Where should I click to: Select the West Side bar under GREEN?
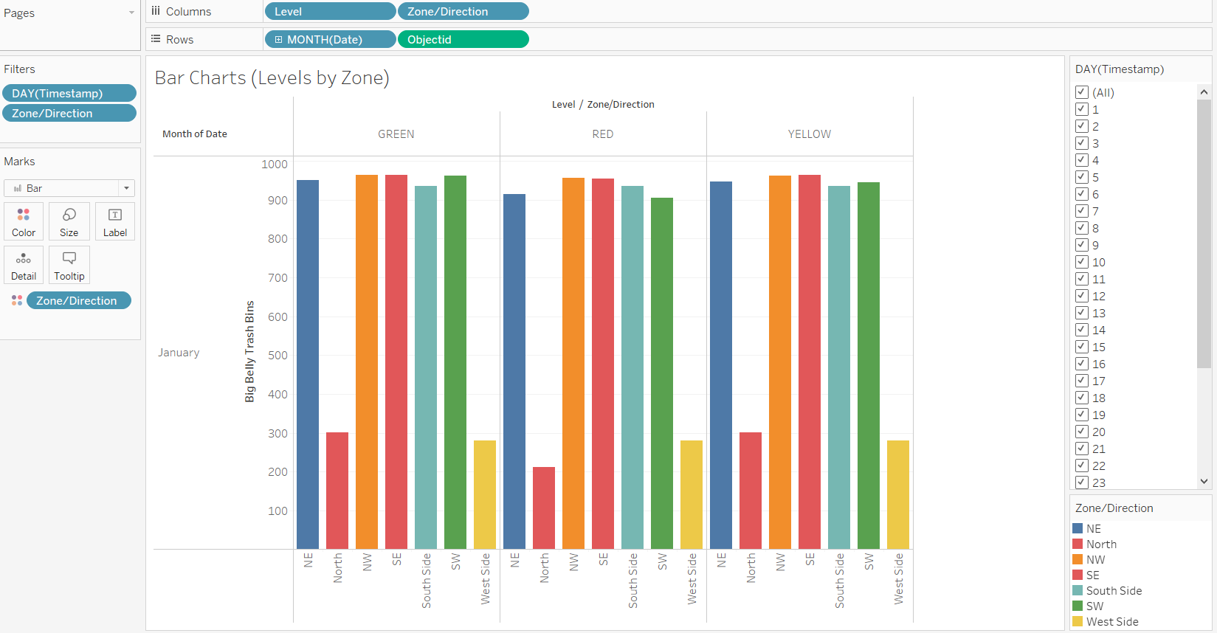pyautogui.click(x=485, y=494)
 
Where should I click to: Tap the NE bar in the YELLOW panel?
pyautogui.click(x=721, y=365)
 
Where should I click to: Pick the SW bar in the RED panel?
pyautogui.click(x=662, y=373)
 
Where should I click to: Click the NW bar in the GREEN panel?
pyautogui.click(x=367, y=362)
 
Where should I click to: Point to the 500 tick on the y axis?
pyautogui.click(x=277, y=356)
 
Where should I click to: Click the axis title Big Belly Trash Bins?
pyautogui.click(x=249, y=351)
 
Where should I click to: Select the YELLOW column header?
pyautogui.click(x=809, y=134)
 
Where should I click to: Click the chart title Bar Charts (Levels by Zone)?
pyautogui.click(x=272, y=77)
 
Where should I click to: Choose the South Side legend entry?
pyautogui.click(x=1114, y=590)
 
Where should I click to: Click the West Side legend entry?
pyautogui.click(x=1111, y=621)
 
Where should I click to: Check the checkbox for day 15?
pyautogui.click(x=1082, y=347)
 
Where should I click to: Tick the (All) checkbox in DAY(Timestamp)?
pyautogui.click(x=1082, y=92)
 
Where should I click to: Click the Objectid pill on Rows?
pyautogui.click(x=463, y=39)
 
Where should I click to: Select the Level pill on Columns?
pyautogui.click(x=330, y=11)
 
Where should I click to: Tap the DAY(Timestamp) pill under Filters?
pyautogui.click(x=69, y=93)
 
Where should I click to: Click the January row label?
pyautogui.click(x=179, y=353)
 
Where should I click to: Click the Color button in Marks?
pyautogui.click(x=24, y=221)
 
